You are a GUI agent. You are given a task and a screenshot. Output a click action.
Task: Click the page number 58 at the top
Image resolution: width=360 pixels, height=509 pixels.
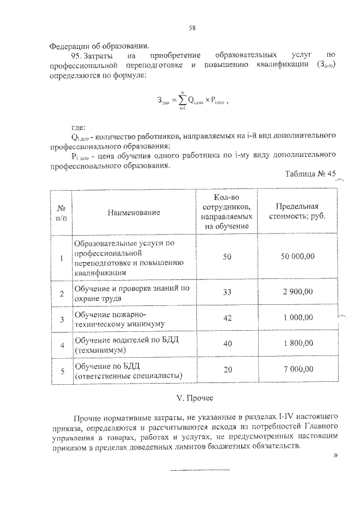192,26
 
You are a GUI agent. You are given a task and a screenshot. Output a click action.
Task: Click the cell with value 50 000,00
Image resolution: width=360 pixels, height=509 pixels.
298,256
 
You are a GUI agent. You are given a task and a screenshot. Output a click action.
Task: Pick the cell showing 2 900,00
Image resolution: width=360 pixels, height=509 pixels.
298,293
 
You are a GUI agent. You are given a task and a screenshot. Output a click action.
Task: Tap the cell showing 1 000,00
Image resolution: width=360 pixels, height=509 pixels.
298,318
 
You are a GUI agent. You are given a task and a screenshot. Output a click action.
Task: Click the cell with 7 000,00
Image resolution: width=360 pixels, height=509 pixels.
298,369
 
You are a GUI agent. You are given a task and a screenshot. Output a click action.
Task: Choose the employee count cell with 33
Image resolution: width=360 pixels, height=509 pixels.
227,293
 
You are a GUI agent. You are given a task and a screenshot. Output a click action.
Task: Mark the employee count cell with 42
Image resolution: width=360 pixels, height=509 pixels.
227,318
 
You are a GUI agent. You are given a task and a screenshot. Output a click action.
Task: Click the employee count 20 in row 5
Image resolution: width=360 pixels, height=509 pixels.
227,369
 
